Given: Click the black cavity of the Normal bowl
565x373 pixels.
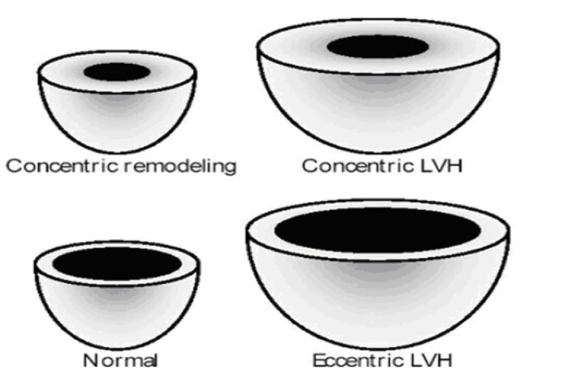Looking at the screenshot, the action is [116, 262].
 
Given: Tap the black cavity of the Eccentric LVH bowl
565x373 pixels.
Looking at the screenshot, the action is [377, 230].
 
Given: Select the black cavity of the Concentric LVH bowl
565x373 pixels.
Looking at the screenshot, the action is [377, 47].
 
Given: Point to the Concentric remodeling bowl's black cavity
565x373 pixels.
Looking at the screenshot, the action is [116, 71].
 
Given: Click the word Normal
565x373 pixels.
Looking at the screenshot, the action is [120, 360].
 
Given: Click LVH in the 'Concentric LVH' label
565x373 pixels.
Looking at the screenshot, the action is [438, 166].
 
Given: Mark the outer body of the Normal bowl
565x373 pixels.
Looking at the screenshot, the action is [116, 310].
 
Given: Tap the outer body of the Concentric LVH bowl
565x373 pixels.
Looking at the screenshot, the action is [377, 109].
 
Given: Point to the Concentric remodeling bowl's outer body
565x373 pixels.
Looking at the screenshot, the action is [116, 117].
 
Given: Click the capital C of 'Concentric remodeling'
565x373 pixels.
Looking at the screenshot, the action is [13, 166].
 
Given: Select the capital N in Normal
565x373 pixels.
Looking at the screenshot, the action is [90, 360].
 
